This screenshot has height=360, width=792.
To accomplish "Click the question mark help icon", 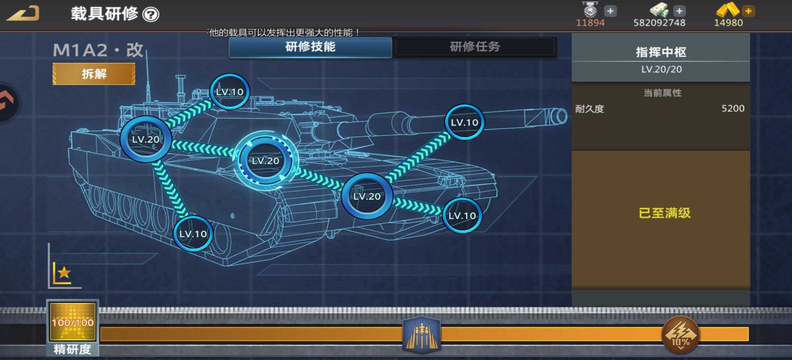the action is coord(151,15).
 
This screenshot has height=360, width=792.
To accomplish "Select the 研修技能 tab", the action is coord(310,47).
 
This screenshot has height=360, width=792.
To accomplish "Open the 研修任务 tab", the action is coord(475,47).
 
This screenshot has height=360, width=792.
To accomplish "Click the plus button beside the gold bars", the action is coord(748,11).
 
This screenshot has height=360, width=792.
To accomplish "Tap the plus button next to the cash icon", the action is coord(679,11).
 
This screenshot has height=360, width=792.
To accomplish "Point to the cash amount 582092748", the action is coord(659,23).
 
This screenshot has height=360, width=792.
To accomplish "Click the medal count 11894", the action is coord(590,23).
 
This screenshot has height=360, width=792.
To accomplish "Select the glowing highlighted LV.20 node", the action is coord(265,160).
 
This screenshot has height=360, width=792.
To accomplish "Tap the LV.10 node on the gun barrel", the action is coord(464,122).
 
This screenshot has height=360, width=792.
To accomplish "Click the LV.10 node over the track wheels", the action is coord(193,234).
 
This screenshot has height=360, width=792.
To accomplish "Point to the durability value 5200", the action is coord(733,108).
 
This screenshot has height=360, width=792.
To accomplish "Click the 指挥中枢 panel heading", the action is coord(661,52).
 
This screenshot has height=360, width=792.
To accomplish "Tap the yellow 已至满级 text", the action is coord(664,213).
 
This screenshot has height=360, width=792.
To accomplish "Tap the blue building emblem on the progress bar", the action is coord(422,334).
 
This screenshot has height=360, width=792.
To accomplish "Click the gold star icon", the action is coord(64,273).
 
